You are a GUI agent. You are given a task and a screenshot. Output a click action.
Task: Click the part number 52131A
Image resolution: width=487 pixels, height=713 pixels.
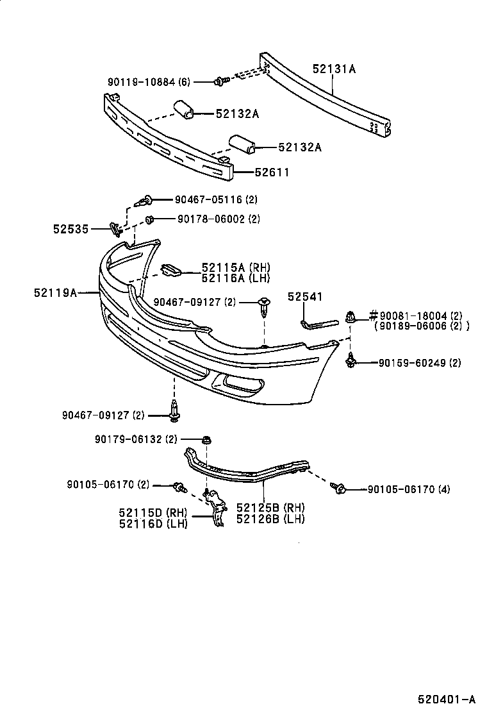[334, 69]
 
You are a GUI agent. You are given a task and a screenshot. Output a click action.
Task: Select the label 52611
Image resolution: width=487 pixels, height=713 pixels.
[272, 172]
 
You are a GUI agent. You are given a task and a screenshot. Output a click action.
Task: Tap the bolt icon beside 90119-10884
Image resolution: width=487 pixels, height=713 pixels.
[221, 81]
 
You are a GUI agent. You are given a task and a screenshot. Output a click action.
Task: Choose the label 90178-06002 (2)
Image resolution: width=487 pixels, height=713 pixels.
[210, 219]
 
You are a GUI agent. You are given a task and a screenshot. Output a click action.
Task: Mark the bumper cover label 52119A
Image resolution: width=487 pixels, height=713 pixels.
[55, 292]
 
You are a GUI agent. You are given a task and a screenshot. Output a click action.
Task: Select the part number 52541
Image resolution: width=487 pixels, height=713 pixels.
[305, 296]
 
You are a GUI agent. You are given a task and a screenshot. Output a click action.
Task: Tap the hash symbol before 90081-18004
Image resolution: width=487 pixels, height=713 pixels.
[371, 315]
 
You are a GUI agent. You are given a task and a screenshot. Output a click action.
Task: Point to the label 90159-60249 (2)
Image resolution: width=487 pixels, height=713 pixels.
[419, 363]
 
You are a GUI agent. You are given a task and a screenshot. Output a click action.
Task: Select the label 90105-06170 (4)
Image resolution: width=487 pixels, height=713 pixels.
[409, 489]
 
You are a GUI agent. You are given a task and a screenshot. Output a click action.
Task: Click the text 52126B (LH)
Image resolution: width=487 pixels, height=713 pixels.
[270, 519]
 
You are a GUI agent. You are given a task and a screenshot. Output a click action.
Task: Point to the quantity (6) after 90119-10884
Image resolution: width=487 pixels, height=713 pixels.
[184, 81]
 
